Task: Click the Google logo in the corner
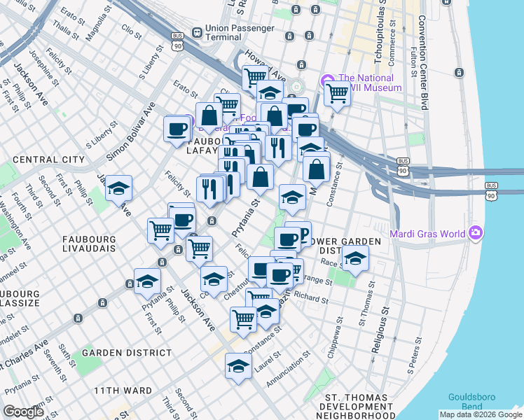click(23, 411)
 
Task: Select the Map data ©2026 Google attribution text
click(480, 414)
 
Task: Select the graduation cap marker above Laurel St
click(238, 366)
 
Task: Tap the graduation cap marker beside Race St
click(355, 259)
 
